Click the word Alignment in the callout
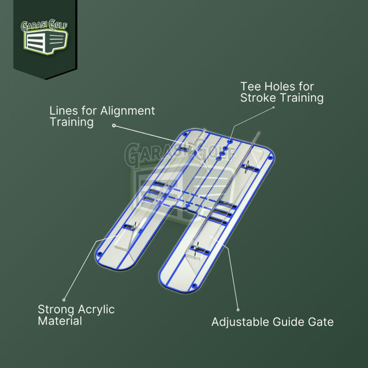tap(127, 111)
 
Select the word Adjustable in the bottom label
tap(240, 322)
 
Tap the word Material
tap(60, 321)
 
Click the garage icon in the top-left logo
tap(46, 42)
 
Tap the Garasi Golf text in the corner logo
tap(44, 25)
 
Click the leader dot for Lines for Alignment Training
tap(114, 126)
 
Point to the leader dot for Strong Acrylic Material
tap(64, 300)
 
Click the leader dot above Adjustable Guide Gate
tap(238, 310)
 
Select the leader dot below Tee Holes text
tap(273, 107)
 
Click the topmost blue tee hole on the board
tap(230, 141)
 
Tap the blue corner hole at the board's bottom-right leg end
tap(194, 286)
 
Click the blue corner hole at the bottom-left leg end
tap(100, 254)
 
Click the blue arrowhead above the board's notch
tap(188, 207)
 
